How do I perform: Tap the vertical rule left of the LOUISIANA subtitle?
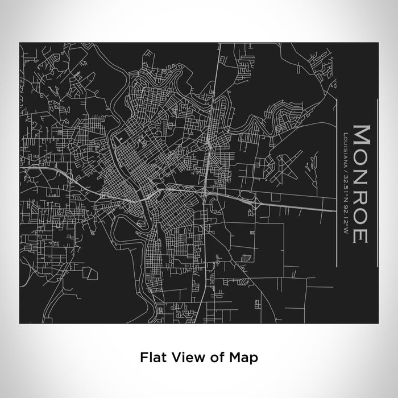coord(338,177)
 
